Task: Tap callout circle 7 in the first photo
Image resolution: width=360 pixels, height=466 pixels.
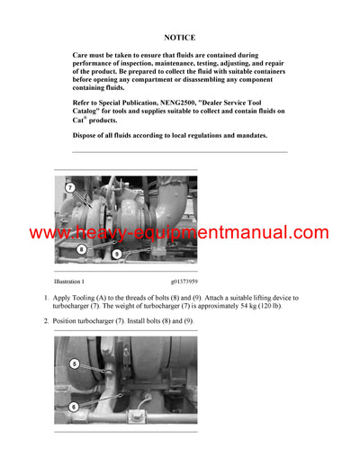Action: (70, 187)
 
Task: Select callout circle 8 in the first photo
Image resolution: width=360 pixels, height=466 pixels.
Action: (81, 249)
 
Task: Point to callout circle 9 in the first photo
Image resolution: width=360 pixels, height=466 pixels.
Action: (117, 255)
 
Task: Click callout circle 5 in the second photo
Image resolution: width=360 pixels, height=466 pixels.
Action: (76, 364)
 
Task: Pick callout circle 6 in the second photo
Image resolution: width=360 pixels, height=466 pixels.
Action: (76, 407)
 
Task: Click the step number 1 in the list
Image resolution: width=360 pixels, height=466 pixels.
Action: (47, 297)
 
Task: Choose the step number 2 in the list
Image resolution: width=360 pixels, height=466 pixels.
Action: (47, 321)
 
